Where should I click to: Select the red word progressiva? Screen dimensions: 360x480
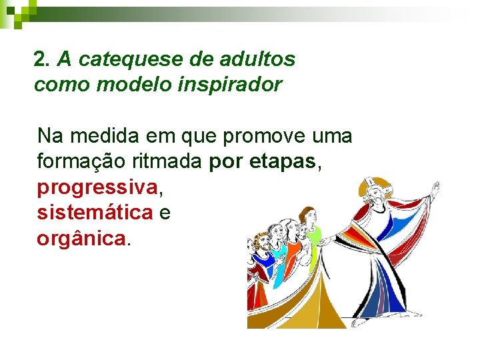[x=97, y=188]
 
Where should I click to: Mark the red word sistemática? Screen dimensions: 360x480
[x=95, y=213]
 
